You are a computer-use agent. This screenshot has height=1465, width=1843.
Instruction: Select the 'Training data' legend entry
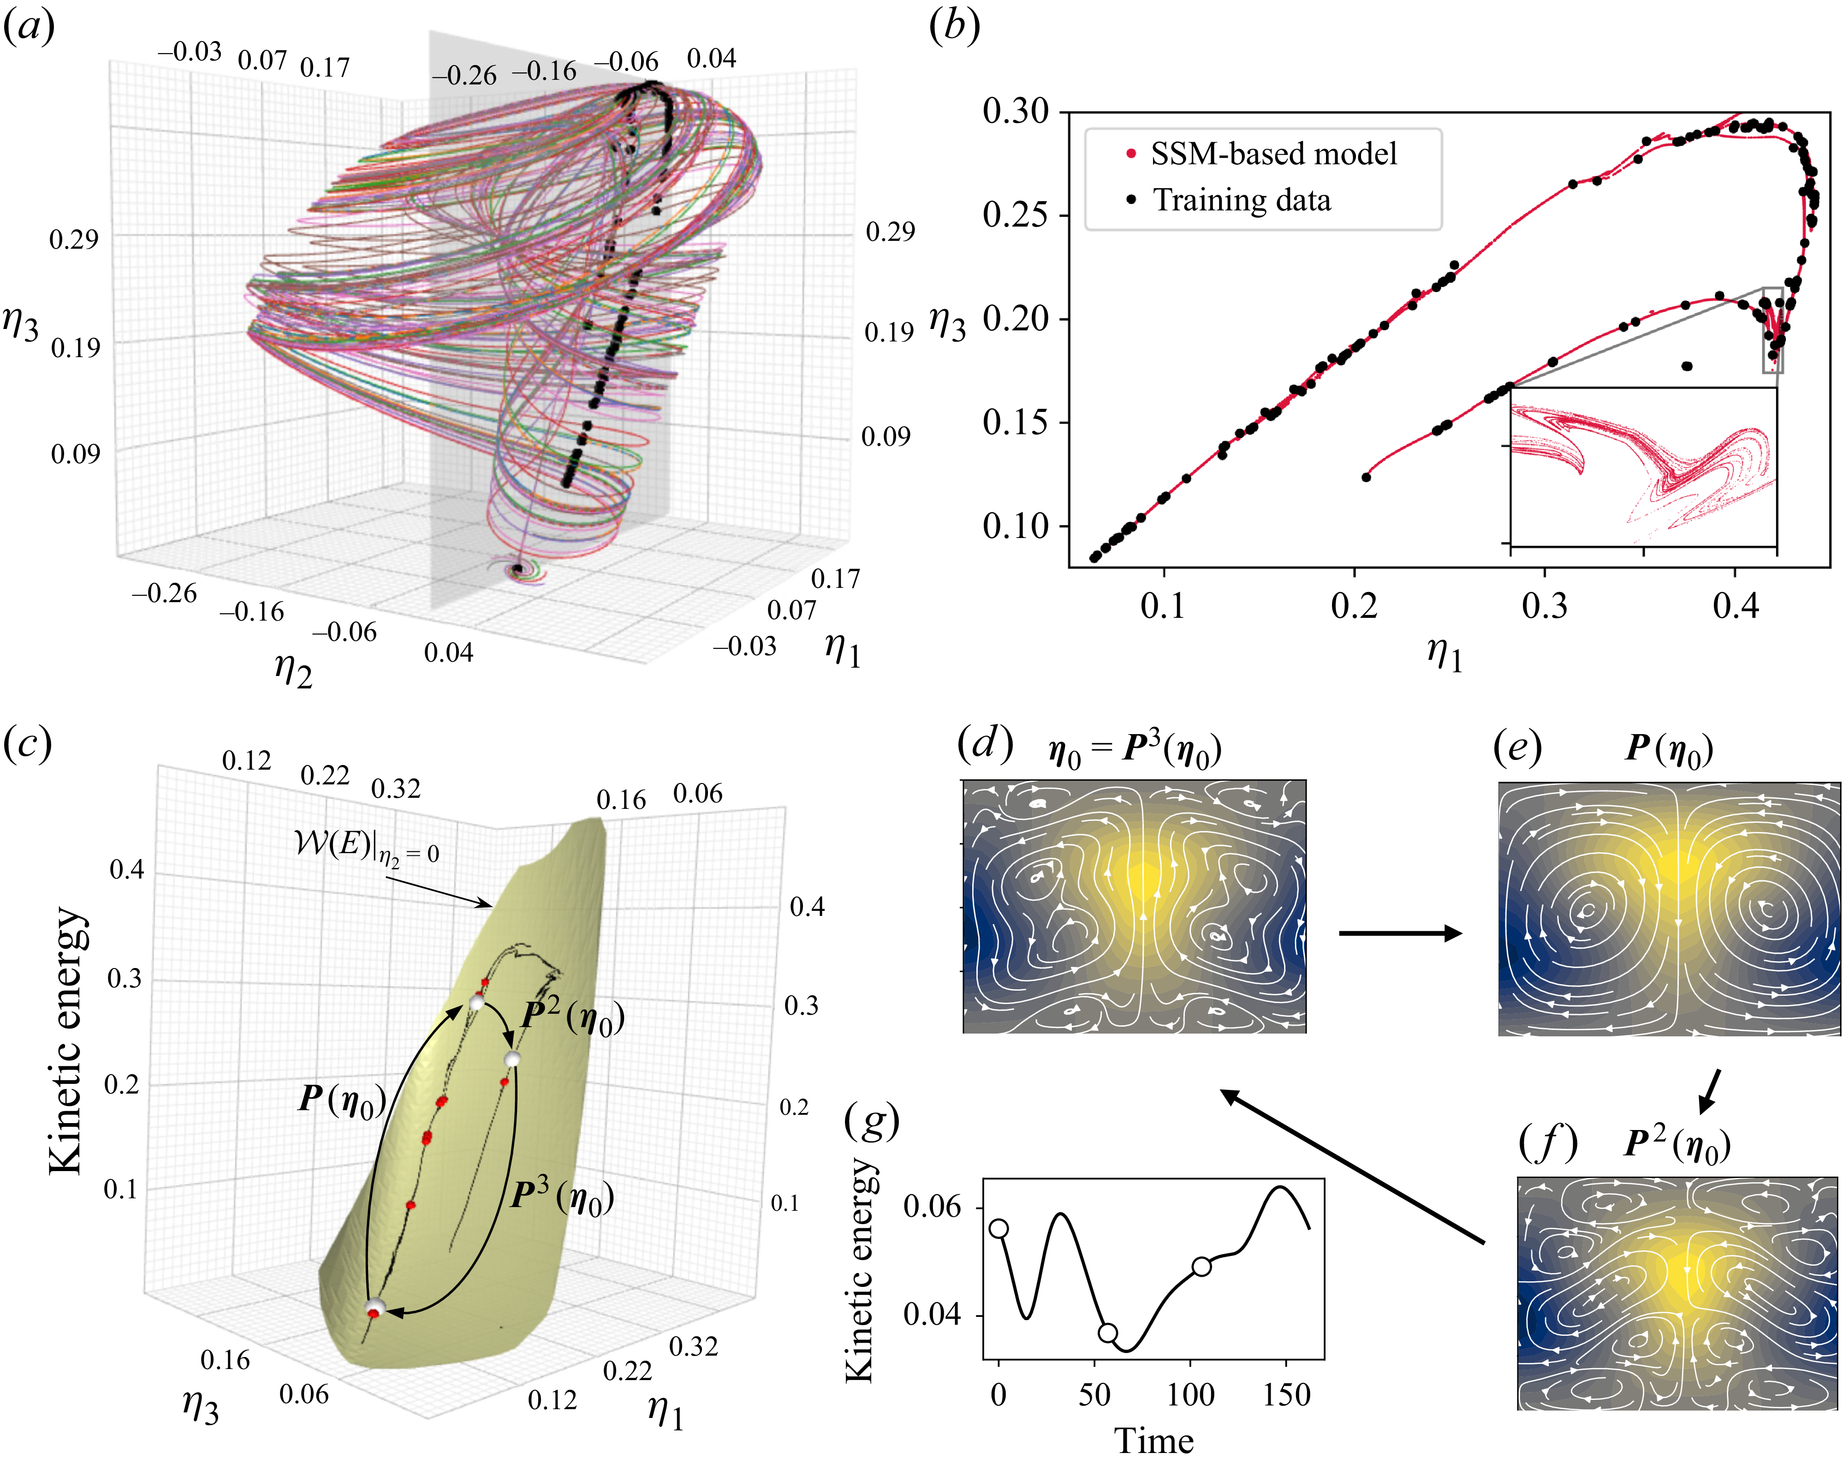pyautogui.click(x=1241, y=200)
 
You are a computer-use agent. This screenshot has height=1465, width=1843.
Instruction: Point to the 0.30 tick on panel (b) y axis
pyautogui.click(x=1016, y=111)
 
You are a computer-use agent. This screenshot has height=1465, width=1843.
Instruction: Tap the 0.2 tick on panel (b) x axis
pyautogui.click(x=1354, y=605)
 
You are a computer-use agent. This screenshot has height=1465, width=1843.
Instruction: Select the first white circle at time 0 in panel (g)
pyautogui.click(x=999, y=1228)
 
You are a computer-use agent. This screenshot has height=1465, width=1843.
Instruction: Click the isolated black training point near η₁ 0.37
pyautogui.click(x=1687, y=366)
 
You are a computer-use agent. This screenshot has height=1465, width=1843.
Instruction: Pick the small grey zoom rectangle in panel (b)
pyautogui.click(x=1772, y=330)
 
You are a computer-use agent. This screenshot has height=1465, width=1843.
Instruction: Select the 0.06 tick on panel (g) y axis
pyautogui.click(x=932, y=1207)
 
